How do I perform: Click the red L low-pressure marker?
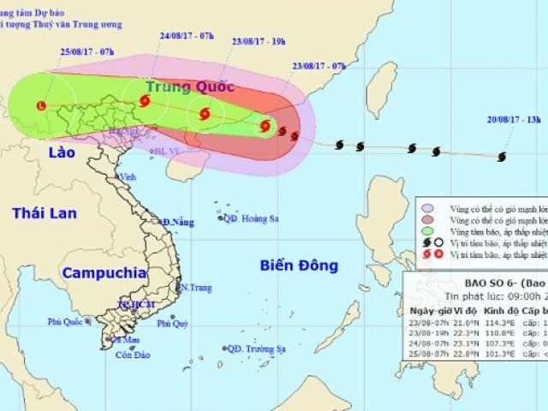(x=42, y=105)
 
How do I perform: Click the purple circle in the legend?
(x=426, y=206)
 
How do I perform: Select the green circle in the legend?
(x=426, y=230)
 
